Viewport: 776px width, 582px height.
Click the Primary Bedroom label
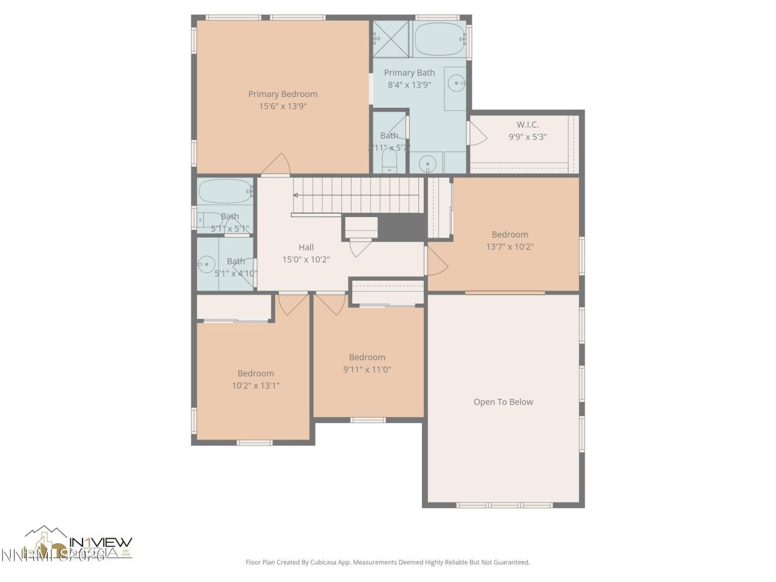coord(283,94)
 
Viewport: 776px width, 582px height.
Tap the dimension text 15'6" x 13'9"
coord(283,106)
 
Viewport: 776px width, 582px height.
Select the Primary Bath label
coord(409,73)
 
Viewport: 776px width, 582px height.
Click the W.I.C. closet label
coord(527,125)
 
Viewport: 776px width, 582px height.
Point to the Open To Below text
coord(503,402)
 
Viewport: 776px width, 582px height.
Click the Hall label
coord(306,247)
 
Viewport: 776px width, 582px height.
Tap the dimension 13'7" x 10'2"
coord(510,247)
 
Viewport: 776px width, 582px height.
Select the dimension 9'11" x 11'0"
coord(367,369)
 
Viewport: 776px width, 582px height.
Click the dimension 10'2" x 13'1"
coord(255,386)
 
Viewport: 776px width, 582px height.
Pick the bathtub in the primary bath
coord(439,39)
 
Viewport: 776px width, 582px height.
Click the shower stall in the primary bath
coord(391,39)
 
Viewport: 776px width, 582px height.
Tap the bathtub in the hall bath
coord(224,192)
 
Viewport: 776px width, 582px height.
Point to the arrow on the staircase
coord(296,195)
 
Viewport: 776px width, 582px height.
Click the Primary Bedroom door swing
coord(277,165)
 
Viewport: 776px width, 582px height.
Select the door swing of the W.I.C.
coord(477,133)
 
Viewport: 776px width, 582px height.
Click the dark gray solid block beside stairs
coord(401,227)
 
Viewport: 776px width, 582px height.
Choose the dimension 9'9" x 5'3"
coord(527,137)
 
